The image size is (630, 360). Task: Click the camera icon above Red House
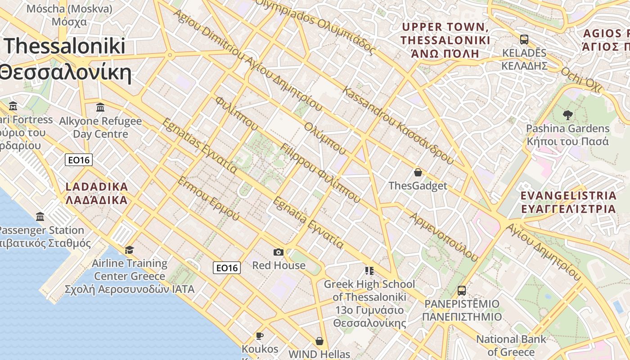279,252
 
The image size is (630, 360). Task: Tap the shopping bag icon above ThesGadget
418,172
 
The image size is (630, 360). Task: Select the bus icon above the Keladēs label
524,39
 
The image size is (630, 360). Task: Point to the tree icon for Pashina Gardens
567,115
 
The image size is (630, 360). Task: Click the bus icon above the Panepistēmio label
461,290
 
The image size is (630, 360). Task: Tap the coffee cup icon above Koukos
260,336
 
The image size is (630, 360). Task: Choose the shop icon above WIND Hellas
319,341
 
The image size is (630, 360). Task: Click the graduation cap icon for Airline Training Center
130,250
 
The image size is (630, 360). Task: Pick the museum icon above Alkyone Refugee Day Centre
100,108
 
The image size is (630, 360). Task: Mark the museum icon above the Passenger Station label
40,217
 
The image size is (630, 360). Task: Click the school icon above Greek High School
369,270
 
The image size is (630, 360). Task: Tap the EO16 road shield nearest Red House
227,268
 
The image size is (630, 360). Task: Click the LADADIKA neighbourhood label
97,193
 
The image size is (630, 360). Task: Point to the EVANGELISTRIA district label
568,202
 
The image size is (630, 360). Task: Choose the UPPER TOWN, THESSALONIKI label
445,40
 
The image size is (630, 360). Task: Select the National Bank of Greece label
511,345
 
